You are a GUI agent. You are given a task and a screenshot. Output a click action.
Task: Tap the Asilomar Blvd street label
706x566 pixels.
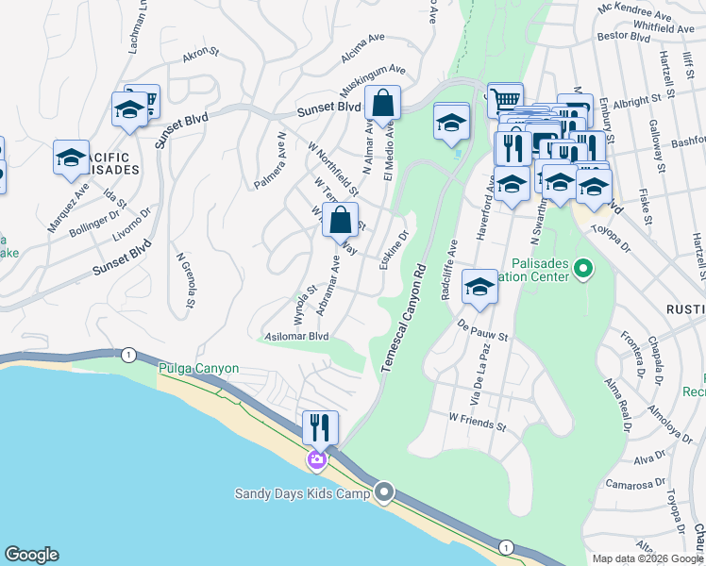(297, 336)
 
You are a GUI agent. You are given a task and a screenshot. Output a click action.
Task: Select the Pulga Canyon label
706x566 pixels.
(198, 369)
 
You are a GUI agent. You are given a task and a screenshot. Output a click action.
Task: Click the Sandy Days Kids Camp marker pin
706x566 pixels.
(384, 492)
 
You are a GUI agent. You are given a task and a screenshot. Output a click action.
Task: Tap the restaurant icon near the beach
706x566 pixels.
(320, 428)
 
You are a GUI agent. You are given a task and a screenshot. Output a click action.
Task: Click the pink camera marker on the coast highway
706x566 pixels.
(316, 460)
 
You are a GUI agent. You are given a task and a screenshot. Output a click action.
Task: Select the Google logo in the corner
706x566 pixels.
(31, 556)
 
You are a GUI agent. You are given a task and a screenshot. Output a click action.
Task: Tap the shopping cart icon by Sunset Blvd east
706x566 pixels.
(506, 98)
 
